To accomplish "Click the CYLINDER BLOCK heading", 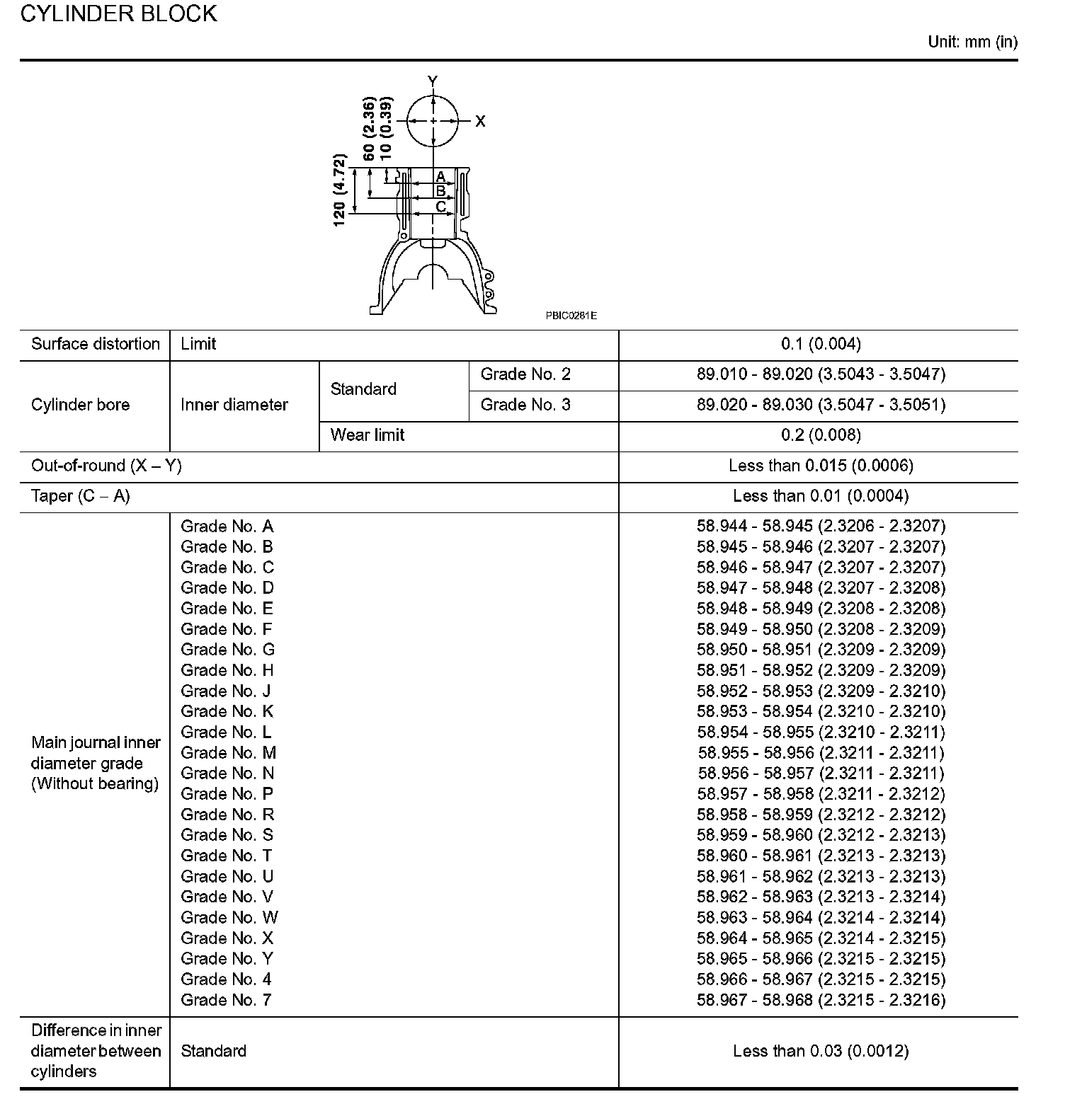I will (118, 14).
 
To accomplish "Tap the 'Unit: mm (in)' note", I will (972, 42).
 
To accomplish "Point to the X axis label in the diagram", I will (480, 122).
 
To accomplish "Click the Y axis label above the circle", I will (433, 81).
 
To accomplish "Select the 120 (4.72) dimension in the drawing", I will (340, 190).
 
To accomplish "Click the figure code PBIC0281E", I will (571, 316).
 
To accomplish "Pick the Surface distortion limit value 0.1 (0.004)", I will (821, 345).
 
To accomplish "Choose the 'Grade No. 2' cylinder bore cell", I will (525, 374).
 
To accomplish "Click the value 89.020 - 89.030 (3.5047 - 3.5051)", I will (821, 405).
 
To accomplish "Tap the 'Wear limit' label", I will (367, 435).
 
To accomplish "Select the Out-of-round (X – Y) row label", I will (106, 466).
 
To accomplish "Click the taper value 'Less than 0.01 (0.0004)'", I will (821, 496).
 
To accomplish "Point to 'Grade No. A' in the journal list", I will (227, 527).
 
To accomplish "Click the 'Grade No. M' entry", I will (228, 753).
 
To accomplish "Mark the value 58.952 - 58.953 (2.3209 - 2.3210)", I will (821, 691).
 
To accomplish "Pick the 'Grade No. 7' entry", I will (226, 1000).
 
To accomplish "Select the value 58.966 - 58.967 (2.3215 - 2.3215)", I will (821, 979).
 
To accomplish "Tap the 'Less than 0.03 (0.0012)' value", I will (821, 1052).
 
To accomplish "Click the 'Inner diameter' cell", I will (234, 405).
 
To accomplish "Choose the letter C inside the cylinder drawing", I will (440, 207).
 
